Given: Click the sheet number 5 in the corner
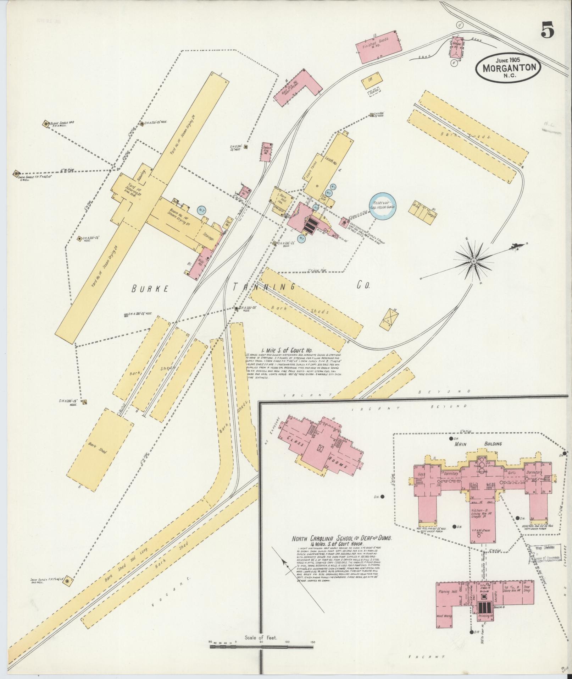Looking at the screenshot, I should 548,29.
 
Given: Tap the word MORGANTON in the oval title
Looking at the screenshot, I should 508,67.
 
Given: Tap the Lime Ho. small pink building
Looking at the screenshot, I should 245,192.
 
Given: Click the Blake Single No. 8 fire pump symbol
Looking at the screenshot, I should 46,124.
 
